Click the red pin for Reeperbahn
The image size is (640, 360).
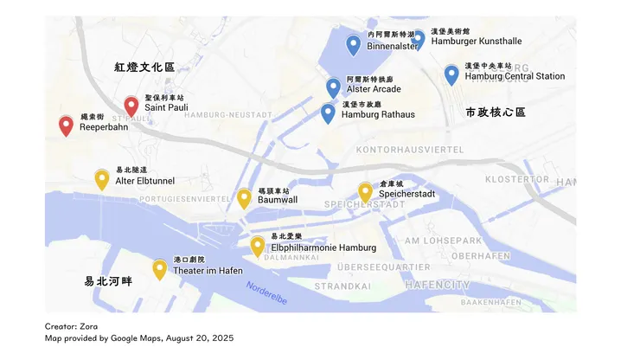pyautogui.click(x=66, y=125)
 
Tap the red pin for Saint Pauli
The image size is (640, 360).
pyautogui.click(x=131, y=106)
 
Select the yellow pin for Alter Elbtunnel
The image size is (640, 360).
pyautogui.click(x=102, y=179)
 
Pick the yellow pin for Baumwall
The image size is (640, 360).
pyautogui.click(x=244, y=198)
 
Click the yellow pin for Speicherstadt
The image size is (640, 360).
pyautogui.click(x=365, y=192)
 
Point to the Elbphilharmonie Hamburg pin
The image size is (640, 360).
pyautogui.click(x=258, y=246)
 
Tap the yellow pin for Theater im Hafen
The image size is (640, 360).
pyautogui.click(x=160, y=269)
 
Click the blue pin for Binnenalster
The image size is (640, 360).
pyautogui.click(x=353, y=44)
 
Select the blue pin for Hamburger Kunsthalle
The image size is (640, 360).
pyautogui.click(x=418, y=37)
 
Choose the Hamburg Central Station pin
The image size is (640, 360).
pyautogui.click(x=451, y=74)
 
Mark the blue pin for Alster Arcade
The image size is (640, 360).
pyautogui.click(x=333, y=87)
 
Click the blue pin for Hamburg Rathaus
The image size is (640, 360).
pyautogui.click(x=328, y=112)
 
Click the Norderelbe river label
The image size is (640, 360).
pyautogui.click(x=268, y=292)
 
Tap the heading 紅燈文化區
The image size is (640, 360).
pyautogui.click(x=144, y=67)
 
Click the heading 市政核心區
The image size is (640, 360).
pyautogui.click(x=496, y=112)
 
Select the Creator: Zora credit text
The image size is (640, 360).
pyautogui.click(x=72, y=326)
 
